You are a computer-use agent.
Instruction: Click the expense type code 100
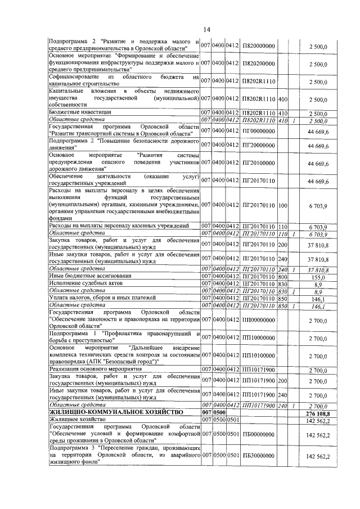click(283, 207)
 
